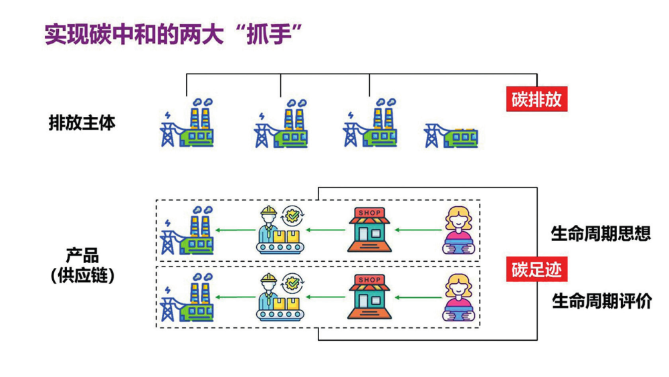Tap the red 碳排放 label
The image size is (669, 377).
[x=537, y=100]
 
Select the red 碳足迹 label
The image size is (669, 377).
[x=537, y=270]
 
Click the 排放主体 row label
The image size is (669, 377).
[x=82, y=123]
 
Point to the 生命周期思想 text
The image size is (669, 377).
[x=601, y=234]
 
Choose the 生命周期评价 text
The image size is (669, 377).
[x=601, y=301]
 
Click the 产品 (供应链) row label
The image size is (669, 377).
[x=82, y=265]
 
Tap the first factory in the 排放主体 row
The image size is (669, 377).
[x=187, y=123]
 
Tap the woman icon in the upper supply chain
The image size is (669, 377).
[x=460, y=230]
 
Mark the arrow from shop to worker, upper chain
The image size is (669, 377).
[x=326, y=231]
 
